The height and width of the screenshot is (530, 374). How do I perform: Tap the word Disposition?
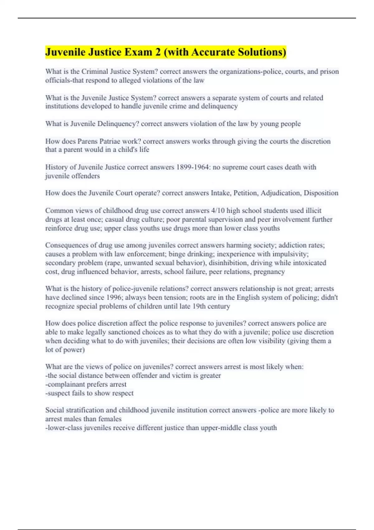click(321, 193)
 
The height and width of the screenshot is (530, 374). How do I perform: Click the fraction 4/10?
click(218, 210)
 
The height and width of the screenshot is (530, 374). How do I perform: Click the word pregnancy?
click(269, 272)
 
